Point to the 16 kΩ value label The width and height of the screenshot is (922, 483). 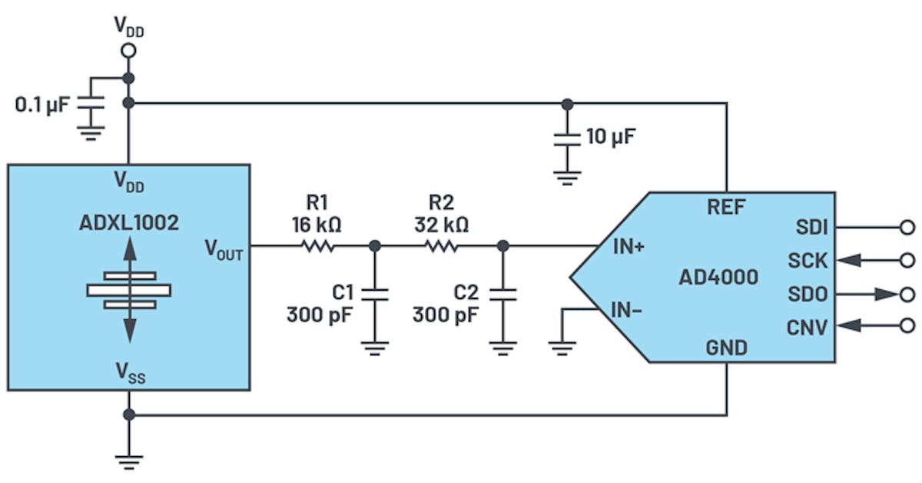tap(317, 225)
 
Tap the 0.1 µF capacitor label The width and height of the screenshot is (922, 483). tap(42, 104)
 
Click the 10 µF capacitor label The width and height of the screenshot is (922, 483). tap(611, 138)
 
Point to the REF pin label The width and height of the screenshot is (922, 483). tap(726, 205)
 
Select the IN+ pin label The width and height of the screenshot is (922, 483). tap(628, 247)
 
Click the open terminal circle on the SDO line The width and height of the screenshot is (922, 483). tap(907, 294)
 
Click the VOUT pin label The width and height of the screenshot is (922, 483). tap(223, 248)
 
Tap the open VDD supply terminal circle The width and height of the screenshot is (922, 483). tap(129, 51)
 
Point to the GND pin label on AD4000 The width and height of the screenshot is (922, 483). tap(726, 348)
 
